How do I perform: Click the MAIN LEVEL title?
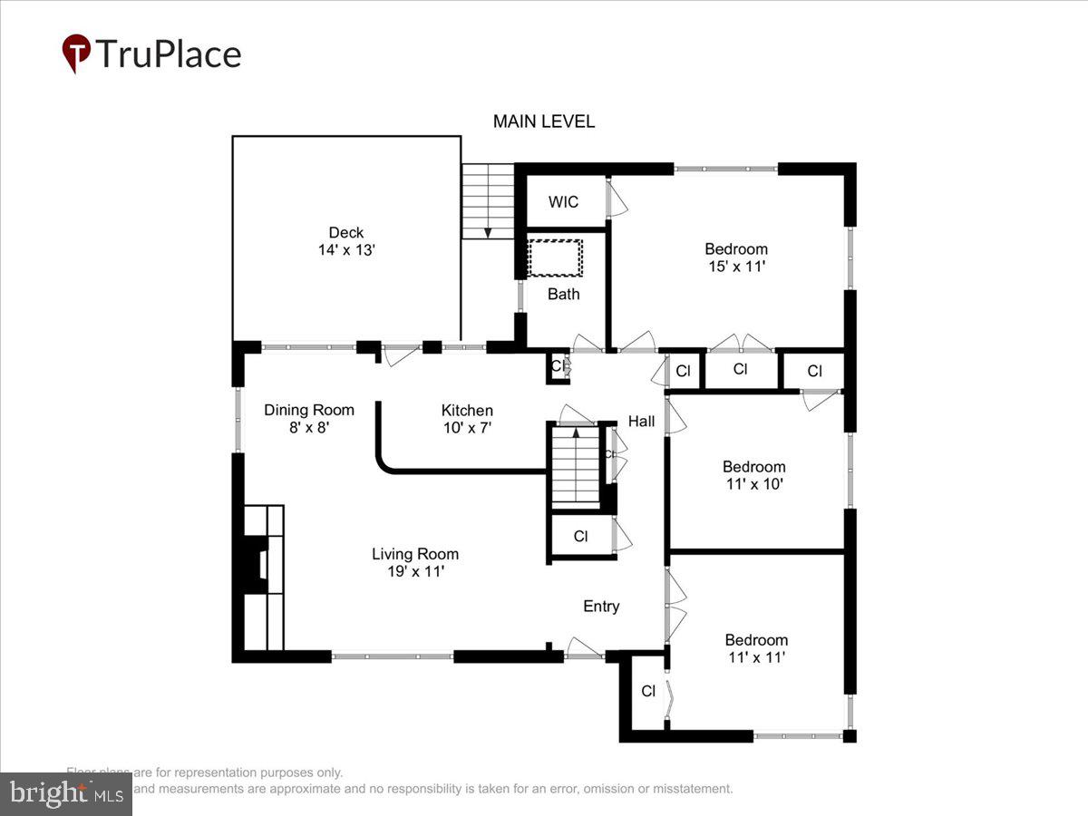click(x=544, y=121)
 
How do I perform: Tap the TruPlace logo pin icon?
click(x=76, y=53)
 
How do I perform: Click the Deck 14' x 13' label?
click(x=346, y=241)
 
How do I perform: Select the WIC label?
click(x=563, y=202)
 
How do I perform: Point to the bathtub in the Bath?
click(x=555, y=258)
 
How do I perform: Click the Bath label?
click(x=563, y=294)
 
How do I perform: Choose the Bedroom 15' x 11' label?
click(x=736, y=257)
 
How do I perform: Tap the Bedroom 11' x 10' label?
click(x=753, y=475)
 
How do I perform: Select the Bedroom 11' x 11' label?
click(x=755, y=648)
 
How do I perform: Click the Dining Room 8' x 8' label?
click(x=309, y=418)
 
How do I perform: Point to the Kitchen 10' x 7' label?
click(x=467, y=418)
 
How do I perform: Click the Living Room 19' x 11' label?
click(x=415, y=562)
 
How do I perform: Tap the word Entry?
click(x=601, y=607)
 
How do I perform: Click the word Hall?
click(x=641, y=422)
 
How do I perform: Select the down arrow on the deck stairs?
click(x=488, y=231)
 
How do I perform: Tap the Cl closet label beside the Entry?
click(x=648, y=691)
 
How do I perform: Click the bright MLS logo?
click(x=65, y=794)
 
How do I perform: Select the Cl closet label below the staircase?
click(x=581, y=537)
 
